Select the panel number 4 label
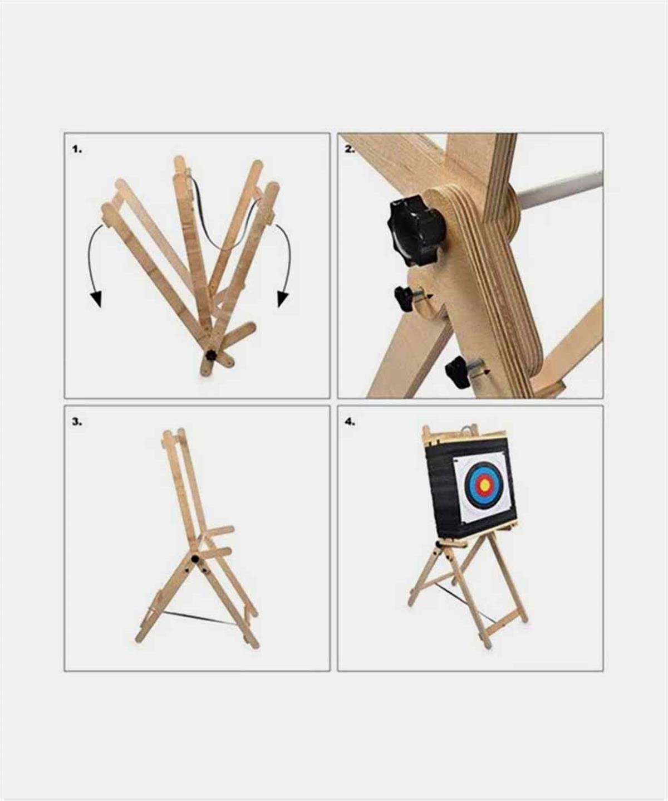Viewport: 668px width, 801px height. tap(350, 422)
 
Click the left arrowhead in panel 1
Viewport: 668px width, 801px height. tap(96, 299)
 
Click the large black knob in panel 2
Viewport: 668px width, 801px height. tap(417, 231)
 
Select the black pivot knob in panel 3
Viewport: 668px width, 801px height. tap(196, 570)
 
